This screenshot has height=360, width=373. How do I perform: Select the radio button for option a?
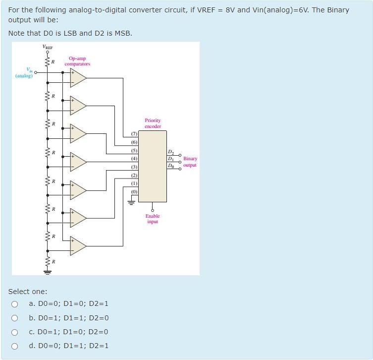pos(15,304)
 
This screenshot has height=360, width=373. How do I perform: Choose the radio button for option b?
pos(15,318)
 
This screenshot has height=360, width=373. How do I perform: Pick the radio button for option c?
pos(15,332)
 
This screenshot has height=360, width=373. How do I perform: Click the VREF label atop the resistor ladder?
pos(48,47)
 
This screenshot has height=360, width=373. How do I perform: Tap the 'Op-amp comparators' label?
pos(77,61)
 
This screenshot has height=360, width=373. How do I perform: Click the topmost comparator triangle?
pos(78,77)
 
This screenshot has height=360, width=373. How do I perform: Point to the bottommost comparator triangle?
pos(78,245)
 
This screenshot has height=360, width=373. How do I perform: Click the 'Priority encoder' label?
pos(153,123)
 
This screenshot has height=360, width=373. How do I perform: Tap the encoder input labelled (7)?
pos(134,134)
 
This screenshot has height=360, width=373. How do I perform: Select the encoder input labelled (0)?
pos(134,191)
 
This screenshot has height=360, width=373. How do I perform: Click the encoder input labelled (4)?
pos(134,158)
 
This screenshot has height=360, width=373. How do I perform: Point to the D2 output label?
pos(171,151)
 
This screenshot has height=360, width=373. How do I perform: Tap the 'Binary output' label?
pos(190,162)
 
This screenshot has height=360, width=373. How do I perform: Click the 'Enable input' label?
pos(153,219)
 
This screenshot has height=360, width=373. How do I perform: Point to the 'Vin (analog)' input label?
pos(24,73)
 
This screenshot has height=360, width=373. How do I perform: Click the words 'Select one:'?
pos(28,292)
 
